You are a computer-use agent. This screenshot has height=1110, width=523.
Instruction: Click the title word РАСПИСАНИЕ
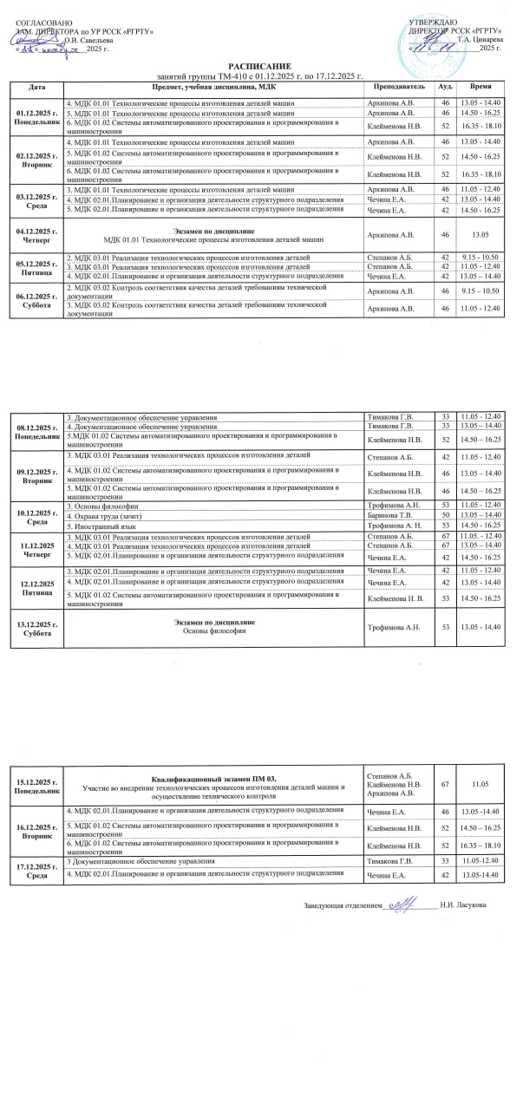(260, 67)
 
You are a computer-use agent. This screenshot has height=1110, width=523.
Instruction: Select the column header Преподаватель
(399, 88)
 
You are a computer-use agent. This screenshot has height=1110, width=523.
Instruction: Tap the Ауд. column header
(445, 88)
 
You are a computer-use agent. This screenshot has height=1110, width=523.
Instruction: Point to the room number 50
(445, 515)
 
